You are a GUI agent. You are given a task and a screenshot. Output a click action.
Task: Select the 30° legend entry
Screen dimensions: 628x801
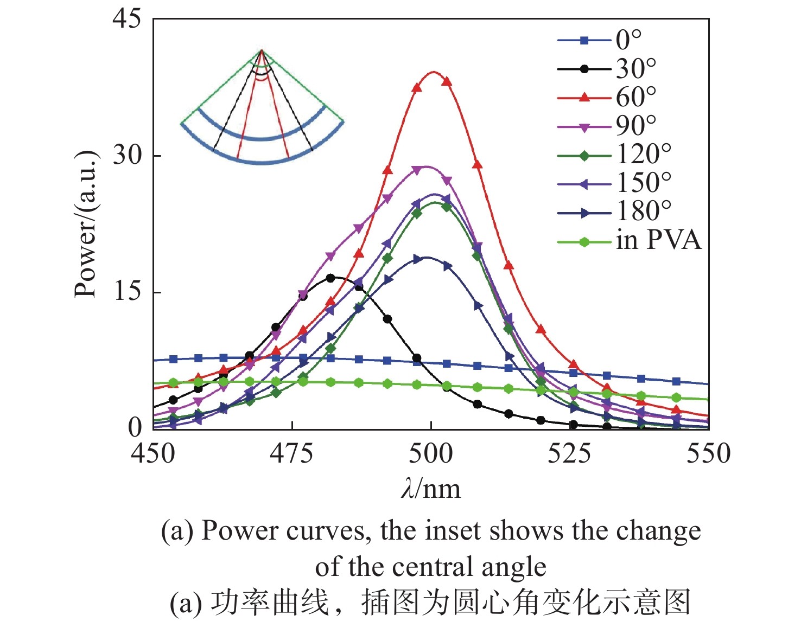(x=635, y=69)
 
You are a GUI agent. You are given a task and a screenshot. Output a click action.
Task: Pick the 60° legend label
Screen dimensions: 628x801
(x=635, y=98)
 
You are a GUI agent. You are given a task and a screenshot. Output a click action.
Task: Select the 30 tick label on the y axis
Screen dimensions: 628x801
(x=126, y=156)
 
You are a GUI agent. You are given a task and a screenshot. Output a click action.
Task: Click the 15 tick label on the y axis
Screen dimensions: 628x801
(x=126, y=292)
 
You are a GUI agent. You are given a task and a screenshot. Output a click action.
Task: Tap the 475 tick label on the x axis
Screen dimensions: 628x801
(x=292, y=453)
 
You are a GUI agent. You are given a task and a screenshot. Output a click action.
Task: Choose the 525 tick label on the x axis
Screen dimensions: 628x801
(x=570, y=453)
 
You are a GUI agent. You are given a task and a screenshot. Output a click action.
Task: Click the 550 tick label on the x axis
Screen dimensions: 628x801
(x=708, y=453)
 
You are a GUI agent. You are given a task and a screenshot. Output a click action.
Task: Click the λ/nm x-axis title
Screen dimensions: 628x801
(x=431, y=489)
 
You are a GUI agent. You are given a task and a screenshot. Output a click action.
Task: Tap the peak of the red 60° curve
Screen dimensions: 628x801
(x=433, y=72)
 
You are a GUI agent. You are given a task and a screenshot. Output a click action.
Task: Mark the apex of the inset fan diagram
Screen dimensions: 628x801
(x=262, y=50)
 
